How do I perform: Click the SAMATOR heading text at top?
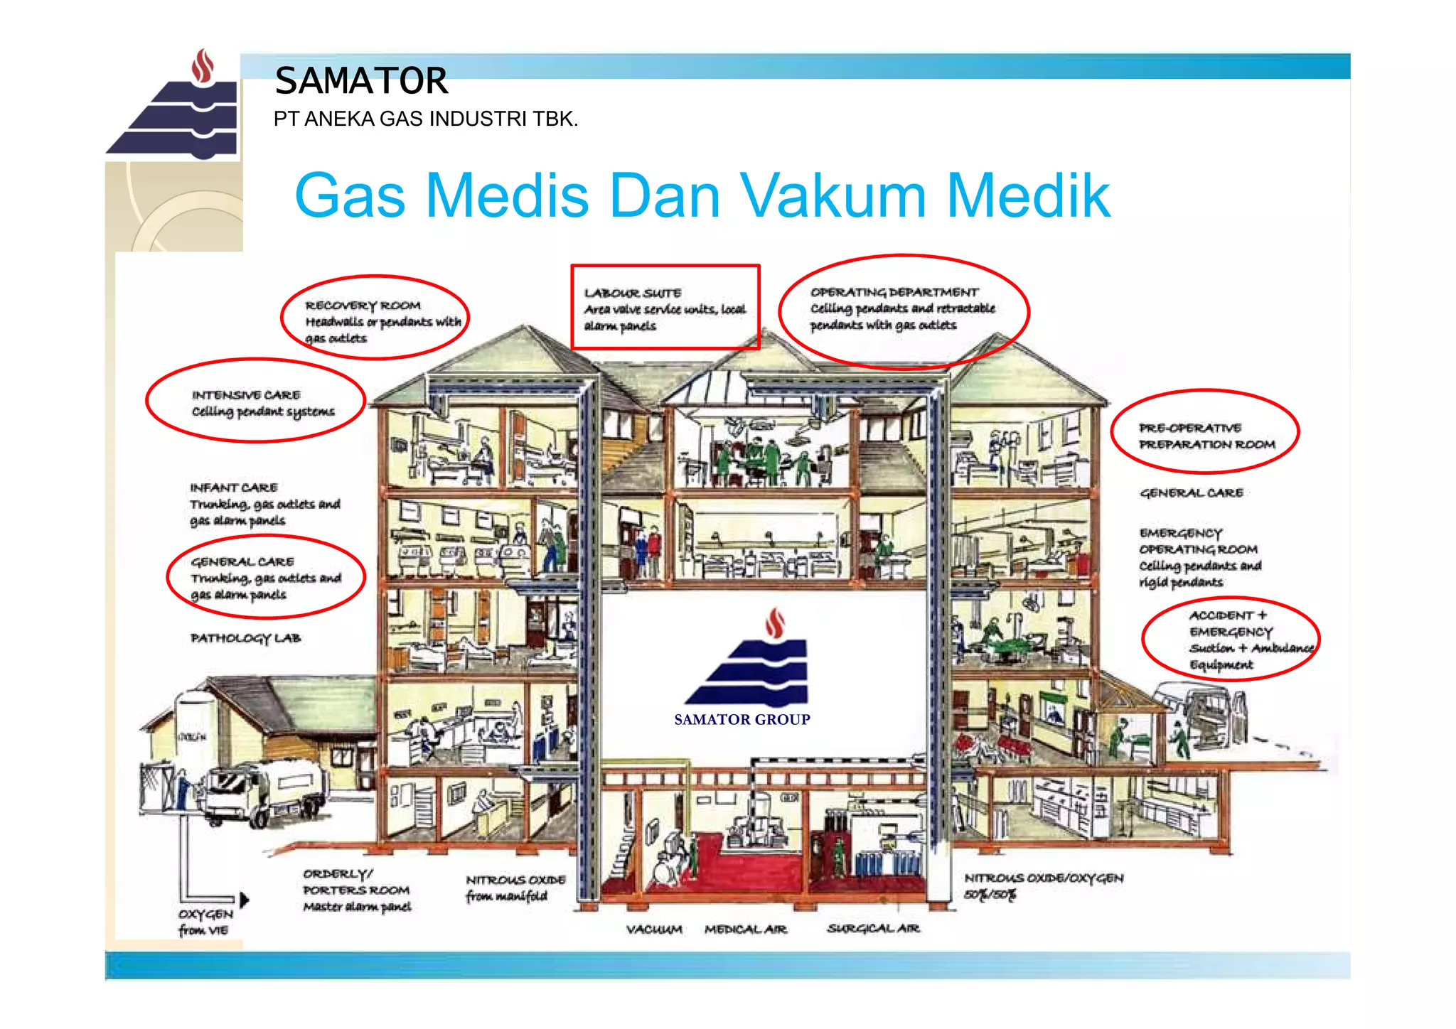pos(361,80)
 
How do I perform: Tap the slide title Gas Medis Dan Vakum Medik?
pos(702,195)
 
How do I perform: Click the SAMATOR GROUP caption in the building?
pos(742,719)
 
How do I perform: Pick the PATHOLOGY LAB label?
pos(245,638)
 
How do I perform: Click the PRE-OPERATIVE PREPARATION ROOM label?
pos(1206,436)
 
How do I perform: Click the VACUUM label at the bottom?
pos(653,930)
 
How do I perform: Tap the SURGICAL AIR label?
pos(873,929)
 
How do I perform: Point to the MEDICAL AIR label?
pos(745,930)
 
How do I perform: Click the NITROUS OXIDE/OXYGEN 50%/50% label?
pos(1043,885)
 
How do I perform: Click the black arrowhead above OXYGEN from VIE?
pos(245,900)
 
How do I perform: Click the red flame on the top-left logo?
pos(203,66)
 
